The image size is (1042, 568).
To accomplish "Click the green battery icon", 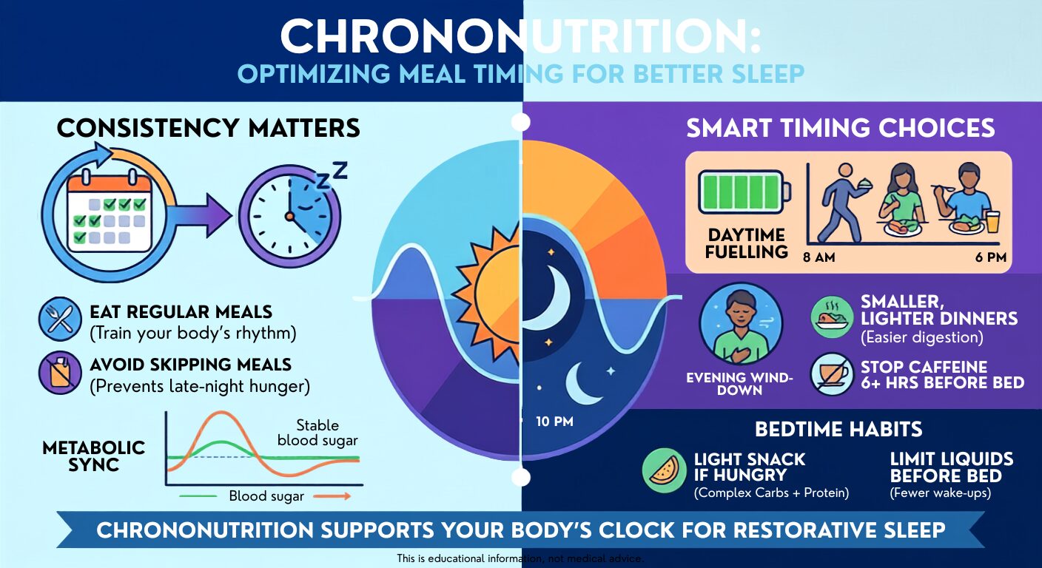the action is (744, 192).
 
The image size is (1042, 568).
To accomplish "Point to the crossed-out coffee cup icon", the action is (833, 374).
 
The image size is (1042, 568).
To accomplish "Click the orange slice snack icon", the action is (665, 470).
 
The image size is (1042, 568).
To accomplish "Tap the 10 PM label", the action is (554, 422).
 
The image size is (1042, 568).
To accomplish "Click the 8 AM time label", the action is (819, 257).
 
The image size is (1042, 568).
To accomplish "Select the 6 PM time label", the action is (991, 257).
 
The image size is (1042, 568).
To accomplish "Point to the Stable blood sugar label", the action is (317, 433).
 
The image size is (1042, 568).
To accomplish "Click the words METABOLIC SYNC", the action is (93, 456).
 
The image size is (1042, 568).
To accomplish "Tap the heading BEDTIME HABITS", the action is (838, 429).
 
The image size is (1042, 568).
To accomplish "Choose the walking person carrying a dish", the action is (844, 202).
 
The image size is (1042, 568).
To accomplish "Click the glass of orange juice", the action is (992, 222).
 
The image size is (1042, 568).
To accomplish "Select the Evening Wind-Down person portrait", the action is (741, 324).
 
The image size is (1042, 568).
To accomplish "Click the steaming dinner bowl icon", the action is (833, 317).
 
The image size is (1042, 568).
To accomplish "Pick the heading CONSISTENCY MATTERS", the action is (209, 128).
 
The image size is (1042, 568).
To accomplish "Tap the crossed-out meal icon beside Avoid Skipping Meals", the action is (60, 373).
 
